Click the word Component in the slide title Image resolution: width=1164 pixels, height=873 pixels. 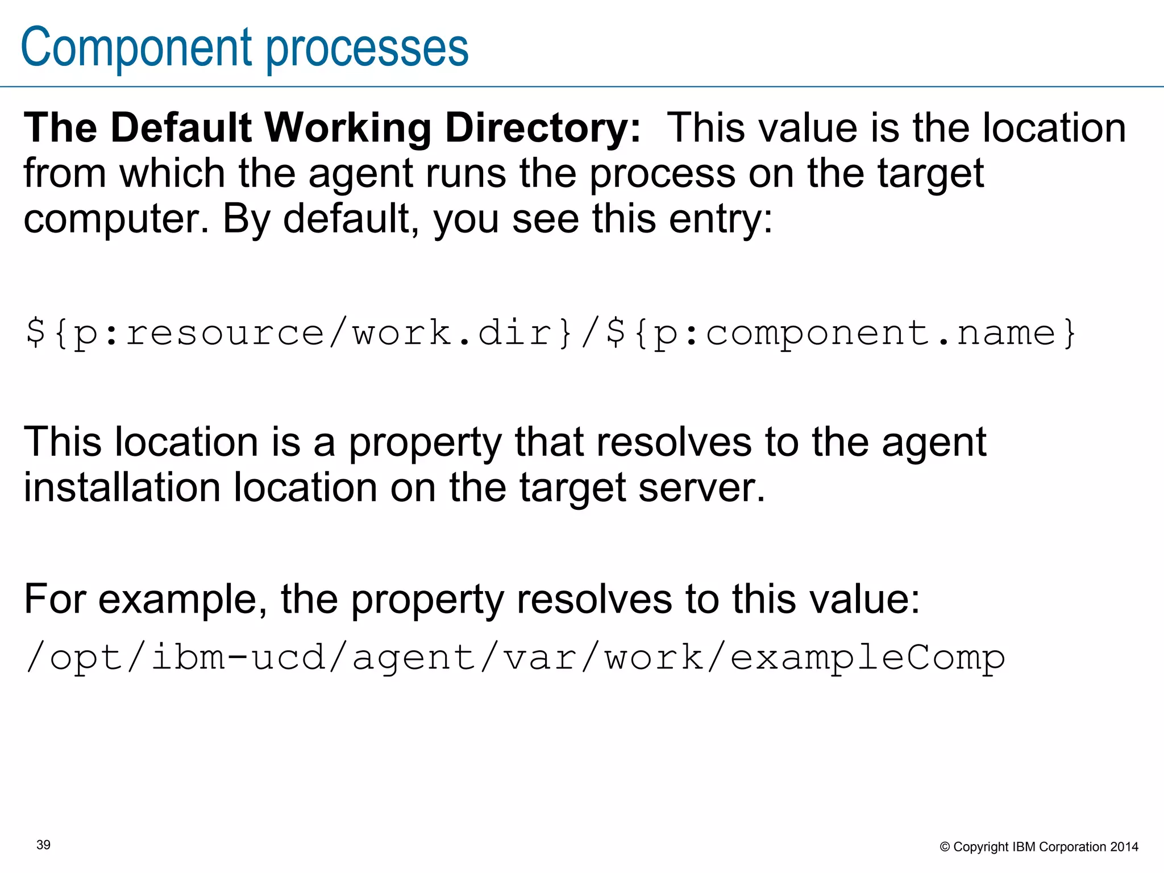click(x=136, y=48)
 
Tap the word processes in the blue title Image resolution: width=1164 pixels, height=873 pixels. click(x=367, y=48)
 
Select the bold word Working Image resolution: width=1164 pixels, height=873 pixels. click(x=348, y=128)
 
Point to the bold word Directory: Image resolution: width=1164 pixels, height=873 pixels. click(x=543, y=128)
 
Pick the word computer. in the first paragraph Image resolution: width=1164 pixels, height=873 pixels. click(x=116, y=219)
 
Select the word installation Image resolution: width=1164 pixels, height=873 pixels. click(x=122, y=488)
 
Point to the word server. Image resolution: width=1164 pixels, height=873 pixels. click(x=701, y=488)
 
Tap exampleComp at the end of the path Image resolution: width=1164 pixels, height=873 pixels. click(x=867, y=658)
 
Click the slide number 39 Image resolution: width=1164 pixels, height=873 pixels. click(x=43, y=845)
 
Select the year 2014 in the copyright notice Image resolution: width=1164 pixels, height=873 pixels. click(x=1124, y=847)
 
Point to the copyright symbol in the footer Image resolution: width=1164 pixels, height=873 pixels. click(x=945, y=847)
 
